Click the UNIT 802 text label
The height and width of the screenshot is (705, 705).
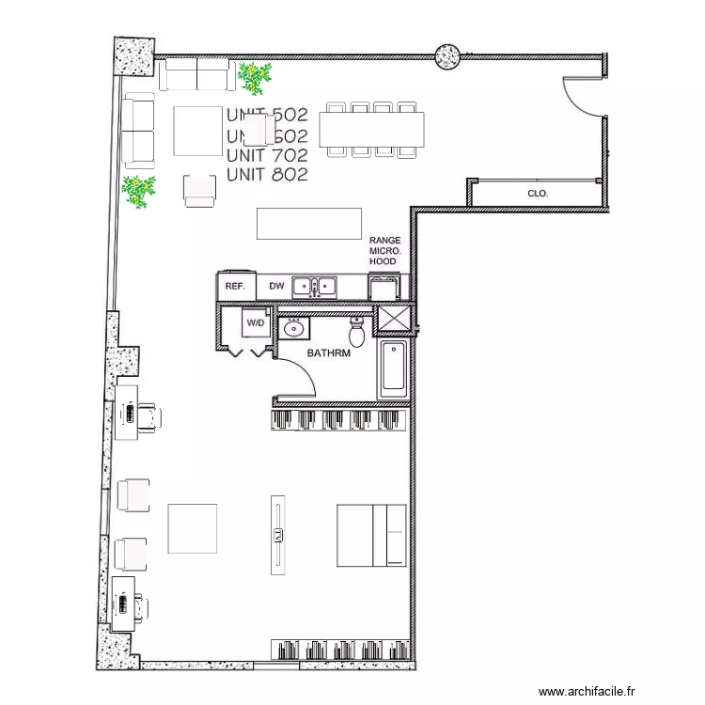click(267, 174)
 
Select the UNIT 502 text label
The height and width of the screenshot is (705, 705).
click(267, 116)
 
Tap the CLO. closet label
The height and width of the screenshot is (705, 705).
click(538, 195)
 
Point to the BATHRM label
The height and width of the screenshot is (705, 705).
click(329, 353)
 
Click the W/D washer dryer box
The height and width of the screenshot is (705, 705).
click(256, 323)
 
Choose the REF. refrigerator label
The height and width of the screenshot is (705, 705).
click(235, 286)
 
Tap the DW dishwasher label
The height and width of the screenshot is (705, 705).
click(276, 286)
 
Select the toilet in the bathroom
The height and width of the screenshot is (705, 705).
click(357, 332)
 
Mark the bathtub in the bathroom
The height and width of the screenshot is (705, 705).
click(393, 368)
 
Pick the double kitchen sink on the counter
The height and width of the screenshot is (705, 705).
click(315, 286)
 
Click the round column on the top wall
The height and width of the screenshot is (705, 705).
click(446, 56)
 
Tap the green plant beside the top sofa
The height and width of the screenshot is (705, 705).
click(254, 77)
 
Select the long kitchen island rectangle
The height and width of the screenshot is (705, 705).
click(309, 224)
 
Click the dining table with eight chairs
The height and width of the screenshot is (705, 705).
click(372, 129)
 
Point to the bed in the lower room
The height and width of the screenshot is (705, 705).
click(371, 535)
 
